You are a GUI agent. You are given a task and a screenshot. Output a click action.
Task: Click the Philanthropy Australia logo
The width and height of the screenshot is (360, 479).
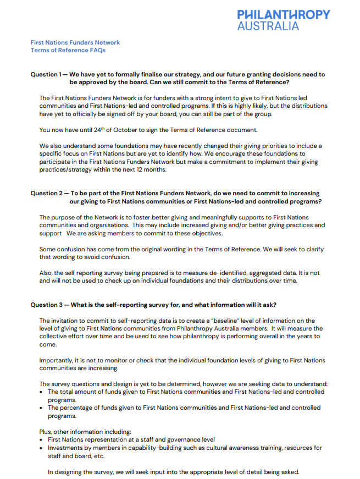coord(283,19)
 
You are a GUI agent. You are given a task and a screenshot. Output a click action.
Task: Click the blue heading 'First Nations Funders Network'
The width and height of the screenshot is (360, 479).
coord(75,42)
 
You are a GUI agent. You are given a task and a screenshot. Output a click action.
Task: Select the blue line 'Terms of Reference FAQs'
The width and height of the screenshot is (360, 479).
coord(68,50)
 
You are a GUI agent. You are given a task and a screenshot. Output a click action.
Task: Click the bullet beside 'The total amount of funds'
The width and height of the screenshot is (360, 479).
coord(42,392)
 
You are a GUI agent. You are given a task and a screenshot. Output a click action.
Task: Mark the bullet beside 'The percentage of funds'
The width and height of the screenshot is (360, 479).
coord(42,408)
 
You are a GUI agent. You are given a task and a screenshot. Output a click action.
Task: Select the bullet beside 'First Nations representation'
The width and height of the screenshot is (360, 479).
coord(42,440)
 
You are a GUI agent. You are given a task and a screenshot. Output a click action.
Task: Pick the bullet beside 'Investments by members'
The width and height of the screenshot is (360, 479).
coord(42,448)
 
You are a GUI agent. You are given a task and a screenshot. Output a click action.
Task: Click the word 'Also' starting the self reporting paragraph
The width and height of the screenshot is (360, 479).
coord(46,273)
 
